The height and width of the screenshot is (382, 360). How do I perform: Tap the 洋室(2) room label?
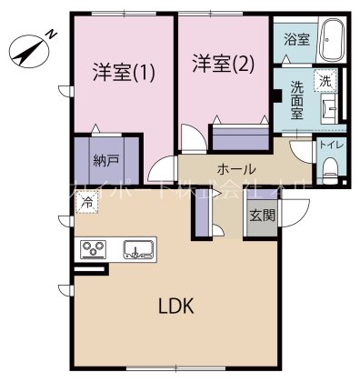[223, 64]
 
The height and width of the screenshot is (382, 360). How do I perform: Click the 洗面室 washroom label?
[297, 96]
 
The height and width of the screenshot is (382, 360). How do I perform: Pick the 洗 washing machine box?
[325, 81]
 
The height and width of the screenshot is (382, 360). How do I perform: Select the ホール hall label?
[235, 169]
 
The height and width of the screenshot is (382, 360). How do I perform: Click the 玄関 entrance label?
[261, 216]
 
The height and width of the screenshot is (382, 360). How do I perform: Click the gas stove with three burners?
[94, 248]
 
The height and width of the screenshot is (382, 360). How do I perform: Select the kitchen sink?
[138, 248]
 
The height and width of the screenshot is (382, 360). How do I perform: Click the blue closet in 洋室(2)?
[239, 137]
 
